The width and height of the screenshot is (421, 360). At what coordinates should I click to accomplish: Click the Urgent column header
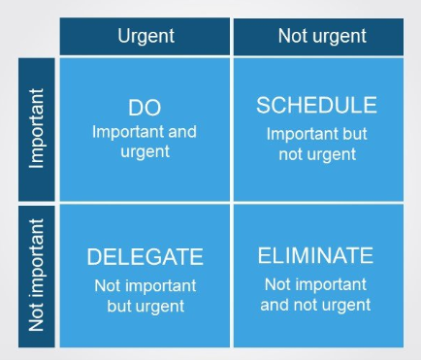point(145,36)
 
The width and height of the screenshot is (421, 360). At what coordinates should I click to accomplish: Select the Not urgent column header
point(322,36)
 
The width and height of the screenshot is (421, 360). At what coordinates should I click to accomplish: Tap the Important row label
point(37,131)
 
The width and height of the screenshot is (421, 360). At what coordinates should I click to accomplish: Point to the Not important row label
point(37,275)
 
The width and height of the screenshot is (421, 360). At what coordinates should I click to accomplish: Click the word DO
point(144,108)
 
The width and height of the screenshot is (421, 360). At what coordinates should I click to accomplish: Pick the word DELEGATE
point(145,257)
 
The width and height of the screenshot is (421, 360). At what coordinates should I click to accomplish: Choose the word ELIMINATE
point(315,255)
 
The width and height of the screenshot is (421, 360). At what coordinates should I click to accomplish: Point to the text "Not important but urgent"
point(145,295)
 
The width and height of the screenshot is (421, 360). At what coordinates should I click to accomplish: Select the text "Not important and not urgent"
point(317,294)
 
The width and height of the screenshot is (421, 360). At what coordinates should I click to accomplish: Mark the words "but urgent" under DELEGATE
point(145,305)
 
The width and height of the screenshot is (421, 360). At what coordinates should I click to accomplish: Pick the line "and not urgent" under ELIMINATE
point(317,304)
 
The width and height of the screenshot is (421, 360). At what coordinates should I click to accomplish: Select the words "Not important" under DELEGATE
point(145,286)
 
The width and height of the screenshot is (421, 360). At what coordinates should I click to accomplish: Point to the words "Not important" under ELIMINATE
point(317,284)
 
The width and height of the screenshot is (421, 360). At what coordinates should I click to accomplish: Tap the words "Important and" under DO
point(145,129)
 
